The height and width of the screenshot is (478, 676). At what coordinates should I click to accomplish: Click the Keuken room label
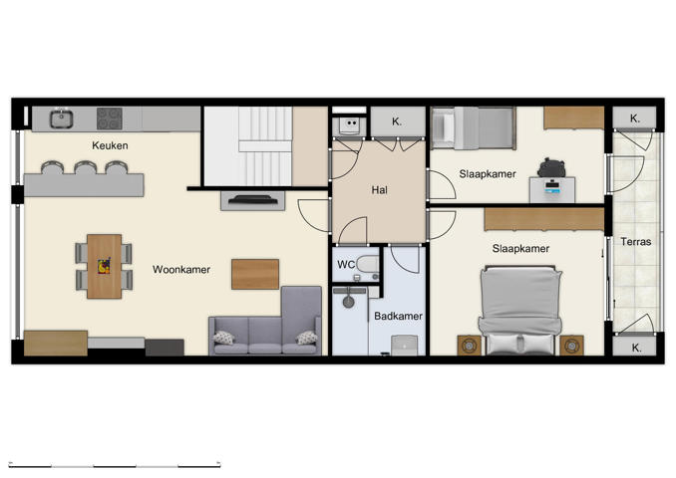(x=110, y=145)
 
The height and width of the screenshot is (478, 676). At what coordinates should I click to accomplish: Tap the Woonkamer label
(x=180, y=269)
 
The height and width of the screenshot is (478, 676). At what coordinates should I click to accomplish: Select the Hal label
(x=379, y=189)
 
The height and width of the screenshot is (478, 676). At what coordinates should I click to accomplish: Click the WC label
(x=346, y=265)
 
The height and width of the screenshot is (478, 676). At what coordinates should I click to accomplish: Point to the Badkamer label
(x=398, y=317)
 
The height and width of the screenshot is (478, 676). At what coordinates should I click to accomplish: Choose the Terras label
(x=635, y=242)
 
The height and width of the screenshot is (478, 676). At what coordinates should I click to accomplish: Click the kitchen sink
(x=61, y=119)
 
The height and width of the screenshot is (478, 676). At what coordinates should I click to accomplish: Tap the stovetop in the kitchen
(x=110, y=119)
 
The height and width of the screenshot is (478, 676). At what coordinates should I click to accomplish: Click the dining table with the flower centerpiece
(x=104, y=266)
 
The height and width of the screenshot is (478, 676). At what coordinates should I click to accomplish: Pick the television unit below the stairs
(x=252, y=200)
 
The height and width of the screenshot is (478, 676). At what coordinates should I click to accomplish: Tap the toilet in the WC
(x=367, y=266)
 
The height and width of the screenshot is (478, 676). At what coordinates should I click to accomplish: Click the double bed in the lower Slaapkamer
(x=518, y=309)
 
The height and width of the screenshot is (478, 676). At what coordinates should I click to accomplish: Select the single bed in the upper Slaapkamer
(x=474, y=128)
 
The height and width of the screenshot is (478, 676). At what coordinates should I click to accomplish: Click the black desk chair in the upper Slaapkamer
(x=550, y=167)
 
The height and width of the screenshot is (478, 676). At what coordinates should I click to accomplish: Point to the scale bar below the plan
(x=114, y=463)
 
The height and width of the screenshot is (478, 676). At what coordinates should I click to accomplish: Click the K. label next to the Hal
(x=396, y=121)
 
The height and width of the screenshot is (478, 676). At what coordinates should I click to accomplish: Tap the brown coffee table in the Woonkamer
(x=255, y=274)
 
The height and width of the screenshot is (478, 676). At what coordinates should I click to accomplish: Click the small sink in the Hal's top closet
(x=349, y=124)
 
